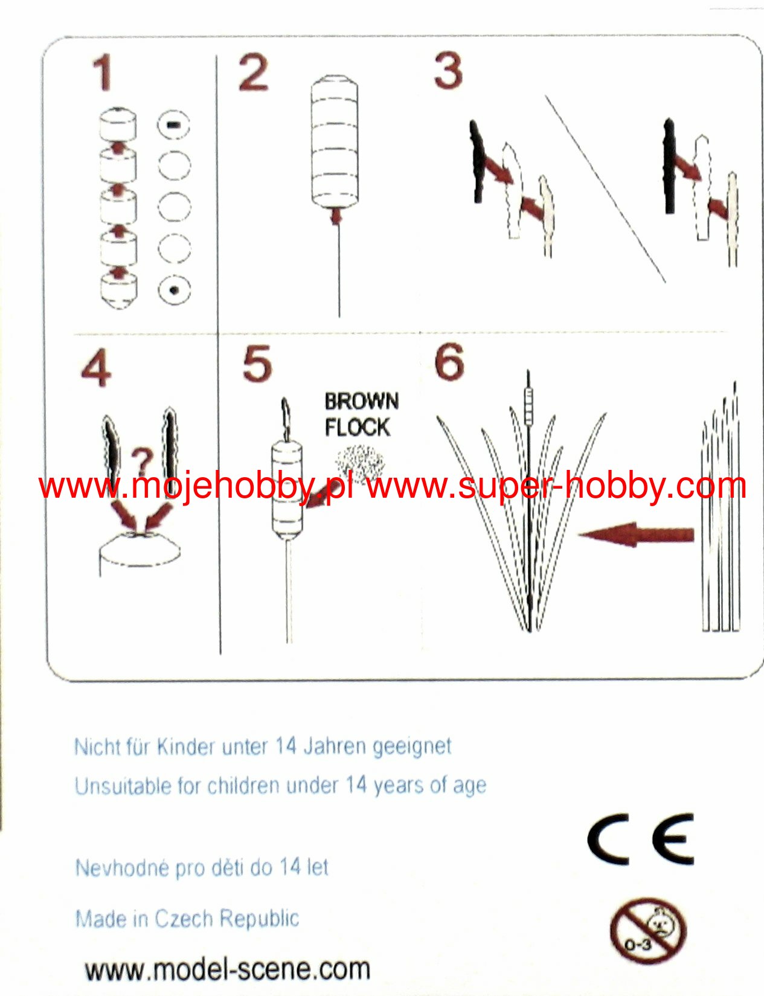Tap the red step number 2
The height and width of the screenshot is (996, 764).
click(x=253, y=72)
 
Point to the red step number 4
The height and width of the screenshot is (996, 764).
click(x=96, y=368)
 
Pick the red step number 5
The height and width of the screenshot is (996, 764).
click(x=257, y=364)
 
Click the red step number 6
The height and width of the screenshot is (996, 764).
click(x=449, y=362)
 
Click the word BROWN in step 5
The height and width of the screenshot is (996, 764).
click(x=362, y=402)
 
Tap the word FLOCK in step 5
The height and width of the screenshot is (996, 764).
click(x=358, y=427)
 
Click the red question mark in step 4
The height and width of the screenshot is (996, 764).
click(x=142, y=463)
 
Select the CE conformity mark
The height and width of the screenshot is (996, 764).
click(x=641, y=840)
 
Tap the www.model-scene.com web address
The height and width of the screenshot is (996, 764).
click(x=227, y=969)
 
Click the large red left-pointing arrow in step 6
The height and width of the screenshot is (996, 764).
click(x=636, y=535)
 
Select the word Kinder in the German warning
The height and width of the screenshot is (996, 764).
click(x=186, y=747)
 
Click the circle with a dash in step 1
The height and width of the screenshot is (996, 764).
click(x=174, y=124)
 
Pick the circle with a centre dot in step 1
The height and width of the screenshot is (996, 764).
click(x=174, y=290)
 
